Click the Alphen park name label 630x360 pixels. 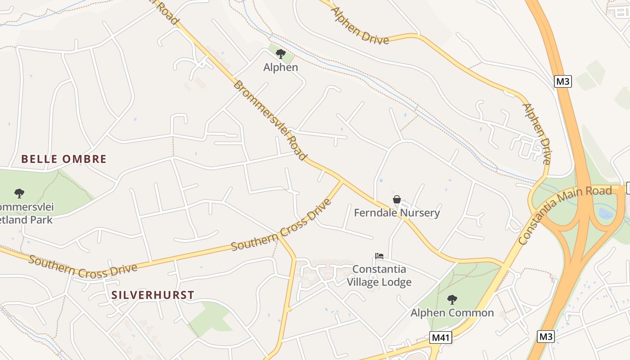[280, 67]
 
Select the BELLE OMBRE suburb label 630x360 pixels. [64, 159]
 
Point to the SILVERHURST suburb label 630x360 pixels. [153, 295]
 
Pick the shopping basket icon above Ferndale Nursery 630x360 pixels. [397, 199]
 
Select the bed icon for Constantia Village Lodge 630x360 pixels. [379, 256]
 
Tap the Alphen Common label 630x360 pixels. [452, 313]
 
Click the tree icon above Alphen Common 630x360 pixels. [452, 299]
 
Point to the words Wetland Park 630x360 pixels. [26, 220]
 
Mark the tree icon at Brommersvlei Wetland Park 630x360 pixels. [19, 193]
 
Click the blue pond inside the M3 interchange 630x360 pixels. [606, 213]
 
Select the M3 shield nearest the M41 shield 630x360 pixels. [546, 336]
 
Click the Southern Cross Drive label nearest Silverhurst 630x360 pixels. [83, 266]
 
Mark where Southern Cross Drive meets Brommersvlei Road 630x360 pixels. [342, 181]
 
